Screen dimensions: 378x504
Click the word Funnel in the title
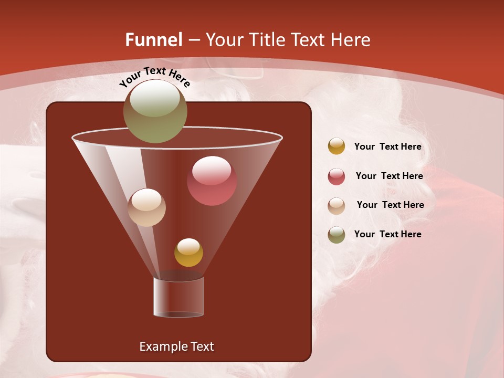coord(154,40)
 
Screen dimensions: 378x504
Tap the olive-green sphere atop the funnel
coord(155,111)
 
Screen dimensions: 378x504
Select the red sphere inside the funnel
coord(212,181)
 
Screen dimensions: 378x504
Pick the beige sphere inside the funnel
coord(147,207)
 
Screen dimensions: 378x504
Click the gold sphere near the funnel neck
coord(188,253)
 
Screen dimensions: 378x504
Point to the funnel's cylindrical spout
coord(178,297)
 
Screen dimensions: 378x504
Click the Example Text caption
coord(176,346)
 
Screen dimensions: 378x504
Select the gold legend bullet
coord(337,146)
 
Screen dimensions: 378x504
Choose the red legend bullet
coord(337,176)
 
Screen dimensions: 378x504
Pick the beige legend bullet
coord(337,205)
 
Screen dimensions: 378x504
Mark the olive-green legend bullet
coord(337,235)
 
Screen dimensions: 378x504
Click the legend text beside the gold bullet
coord(387,147)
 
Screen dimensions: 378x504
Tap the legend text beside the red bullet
coord(389,176)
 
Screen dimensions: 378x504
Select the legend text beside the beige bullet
coord(390,205)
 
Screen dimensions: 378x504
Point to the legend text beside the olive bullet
coord(387,234)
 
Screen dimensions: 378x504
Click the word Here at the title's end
coord(351,40)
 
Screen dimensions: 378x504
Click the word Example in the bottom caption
coord(161,346)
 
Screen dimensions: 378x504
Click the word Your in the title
coord(224,40)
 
